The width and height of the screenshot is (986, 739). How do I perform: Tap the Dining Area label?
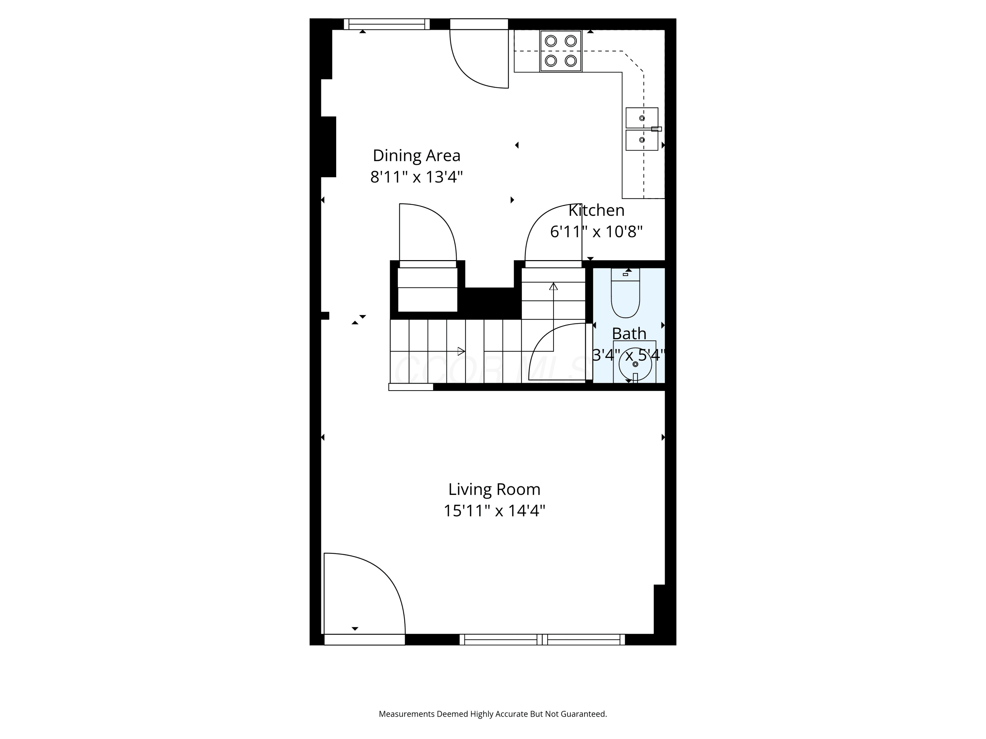click(416, 155)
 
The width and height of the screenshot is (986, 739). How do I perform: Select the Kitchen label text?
click(597, 210)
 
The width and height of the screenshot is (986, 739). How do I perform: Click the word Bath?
click(629, 333)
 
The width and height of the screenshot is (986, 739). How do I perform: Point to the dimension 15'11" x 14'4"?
click(494, 510)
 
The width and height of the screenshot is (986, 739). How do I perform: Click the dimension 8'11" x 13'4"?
click(416, 177)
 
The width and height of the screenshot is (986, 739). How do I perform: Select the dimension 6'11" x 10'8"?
click(597, 232)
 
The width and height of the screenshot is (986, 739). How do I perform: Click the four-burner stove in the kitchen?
click(561, 51)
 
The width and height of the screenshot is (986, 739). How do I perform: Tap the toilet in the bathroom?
click(625, 293)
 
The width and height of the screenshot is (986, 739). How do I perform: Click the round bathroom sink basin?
click(635, 364)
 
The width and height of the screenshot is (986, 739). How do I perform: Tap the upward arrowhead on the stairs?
click(553, 286)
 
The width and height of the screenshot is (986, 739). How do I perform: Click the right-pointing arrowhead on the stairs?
click(461, 351)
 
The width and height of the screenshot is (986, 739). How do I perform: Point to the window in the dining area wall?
click(387, 24)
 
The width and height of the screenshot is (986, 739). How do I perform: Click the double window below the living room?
click(542, 640)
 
